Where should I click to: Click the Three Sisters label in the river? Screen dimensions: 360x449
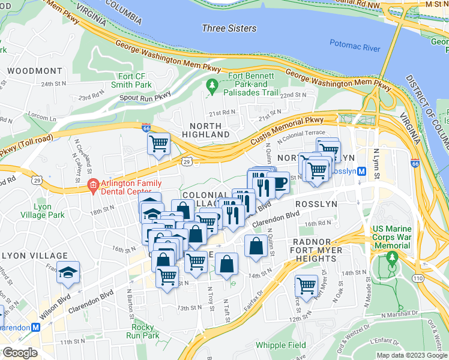229,28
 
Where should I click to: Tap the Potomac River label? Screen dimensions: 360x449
355,44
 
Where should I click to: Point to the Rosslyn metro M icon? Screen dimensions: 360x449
361,171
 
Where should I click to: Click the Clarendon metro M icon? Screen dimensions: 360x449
35,328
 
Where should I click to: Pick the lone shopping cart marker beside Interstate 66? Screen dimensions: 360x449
158,143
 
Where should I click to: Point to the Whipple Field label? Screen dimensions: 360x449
280,345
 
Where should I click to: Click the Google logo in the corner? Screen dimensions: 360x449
20,353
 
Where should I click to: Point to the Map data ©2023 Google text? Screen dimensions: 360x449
411,355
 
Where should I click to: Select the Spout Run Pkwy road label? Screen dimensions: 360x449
145,96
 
